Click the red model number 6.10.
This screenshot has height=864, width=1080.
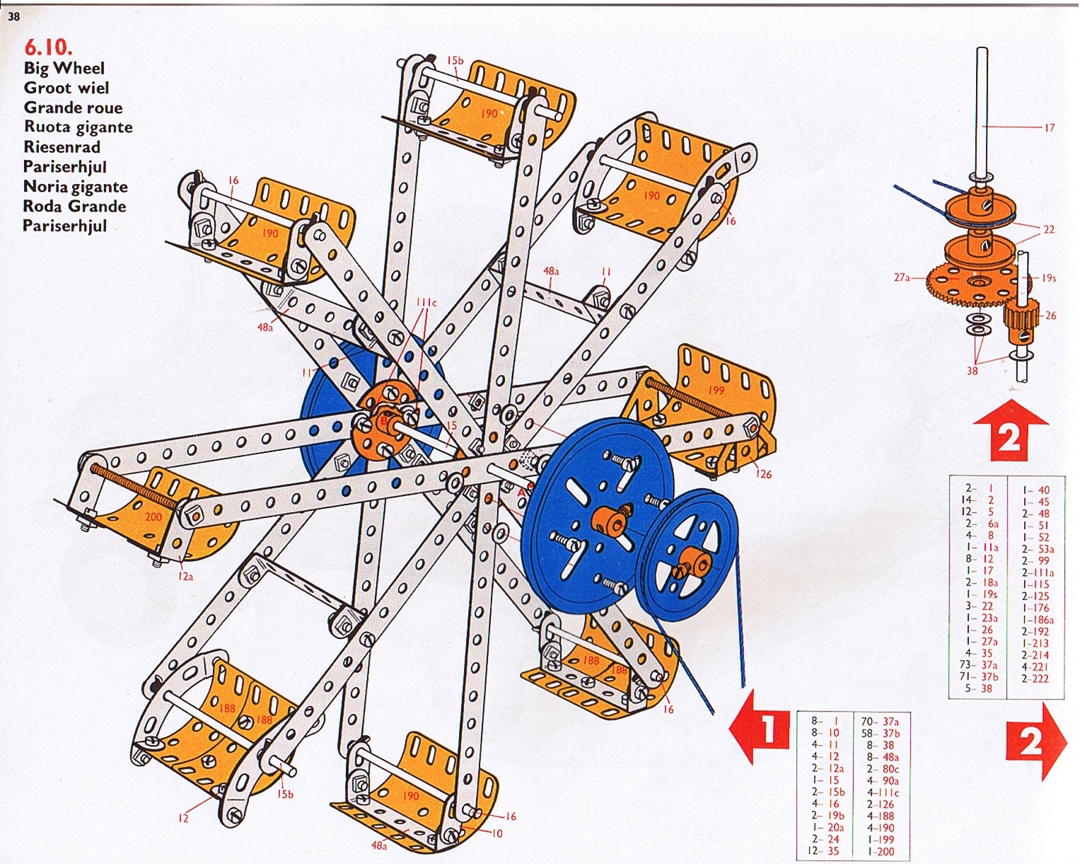click(x=49, y=47)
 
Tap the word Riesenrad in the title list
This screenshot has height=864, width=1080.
click(x=62, y=147)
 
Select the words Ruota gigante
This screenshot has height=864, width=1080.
click(x=79, y=127)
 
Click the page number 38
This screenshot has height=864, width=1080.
click(x=13, y=16)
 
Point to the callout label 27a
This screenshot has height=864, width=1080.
click(x=902, y=277)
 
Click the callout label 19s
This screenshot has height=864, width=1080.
click(x=1048, y=277)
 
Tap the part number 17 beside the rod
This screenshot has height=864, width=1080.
click(x=1050, y=128)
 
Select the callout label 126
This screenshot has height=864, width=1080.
click(x=763, y=474)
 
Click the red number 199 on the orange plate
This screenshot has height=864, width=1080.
click(x=716, y=390)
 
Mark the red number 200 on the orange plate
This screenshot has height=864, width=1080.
click(x=153, y=517)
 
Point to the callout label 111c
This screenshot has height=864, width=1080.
click(x=426, y=303)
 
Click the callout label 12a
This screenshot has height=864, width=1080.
click(x=185, y=577)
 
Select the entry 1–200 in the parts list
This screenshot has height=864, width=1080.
click(x=881, y=851)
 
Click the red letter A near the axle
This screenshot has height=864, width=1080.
click(x=521, y=493)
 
